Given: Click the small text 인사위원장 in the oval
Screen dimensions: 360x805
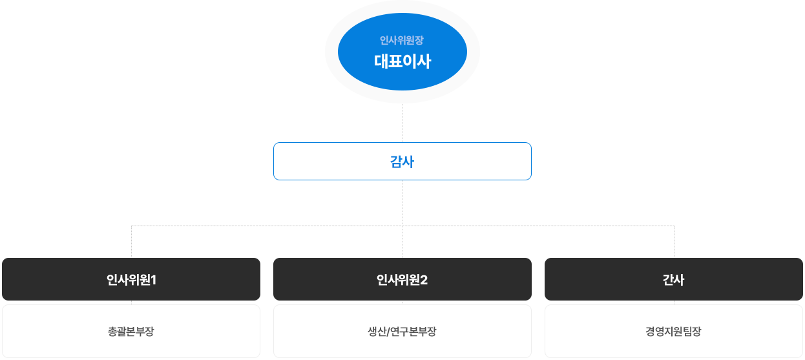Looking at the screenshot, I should [x=401, y=41].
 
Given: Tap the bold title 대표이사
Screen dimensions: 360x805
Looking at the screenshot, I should [x=402, y=62].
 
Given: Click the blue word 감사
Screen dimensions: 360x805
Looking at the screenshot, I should [x=402, y=162].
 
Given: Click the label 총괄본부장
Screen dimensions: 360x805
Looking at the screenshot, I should [x=131, y=332].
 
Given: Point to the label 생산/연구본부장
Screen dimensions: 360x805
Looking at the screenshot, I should [x=402, y=332].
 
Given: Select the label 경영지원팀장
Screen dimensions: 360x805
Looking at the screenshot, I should [x=673, y=332].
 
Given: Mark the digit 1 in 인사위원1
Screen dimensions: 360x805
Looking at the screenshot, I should [x=154, y=281].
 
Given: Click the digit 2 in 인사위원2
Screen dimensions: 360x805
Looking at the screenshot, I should [x=424, y=281].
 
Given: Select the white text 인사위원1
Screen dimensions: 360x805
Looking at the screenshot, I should [x=131, y=281].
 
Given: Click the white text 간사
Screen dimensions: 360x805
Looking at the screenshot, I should [x=673, y=281].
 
